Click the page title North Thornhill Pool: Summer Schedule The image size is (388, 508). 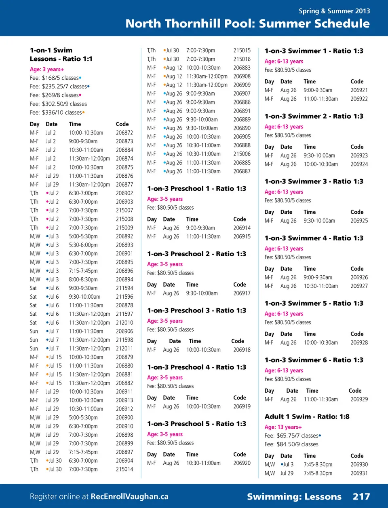[x=247, y=23]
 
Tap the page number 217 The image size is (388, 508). [x=361, y=496]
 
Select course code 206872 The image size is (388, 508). [x=124, y=133]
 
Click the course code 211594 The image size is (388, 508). [x=124, y=288]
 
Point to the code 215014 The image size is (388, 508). [x=124, y=469]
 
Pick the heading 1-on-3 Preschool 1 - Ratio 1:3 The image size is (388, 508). [x=196, y=189]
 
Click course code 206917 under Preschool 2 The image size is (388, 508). [x=242, y=293]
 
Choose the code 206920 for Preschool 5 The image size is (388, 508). [x=242, y=463]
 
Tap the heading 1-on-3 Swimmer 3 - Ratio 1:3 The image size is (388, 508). [x=314, y=181]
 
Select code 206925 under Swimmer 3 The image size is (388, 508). [x=359, y=221]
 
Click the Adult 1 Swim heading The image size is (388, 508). [x=307, y=417]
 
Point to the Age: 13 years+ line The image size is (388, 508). [x=283, y=427]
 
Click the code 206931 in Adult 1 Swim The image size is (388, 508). [x=359, y=473]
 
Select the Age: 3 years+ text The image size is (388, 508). [x=47, y=69]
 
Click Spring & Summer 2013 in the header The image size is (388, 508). [x=334, y=11]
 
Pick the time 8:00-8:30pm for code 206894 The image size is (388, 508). [x=83, y=279]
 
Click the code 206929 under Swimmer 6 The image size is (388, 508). [x=359, y=399]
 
